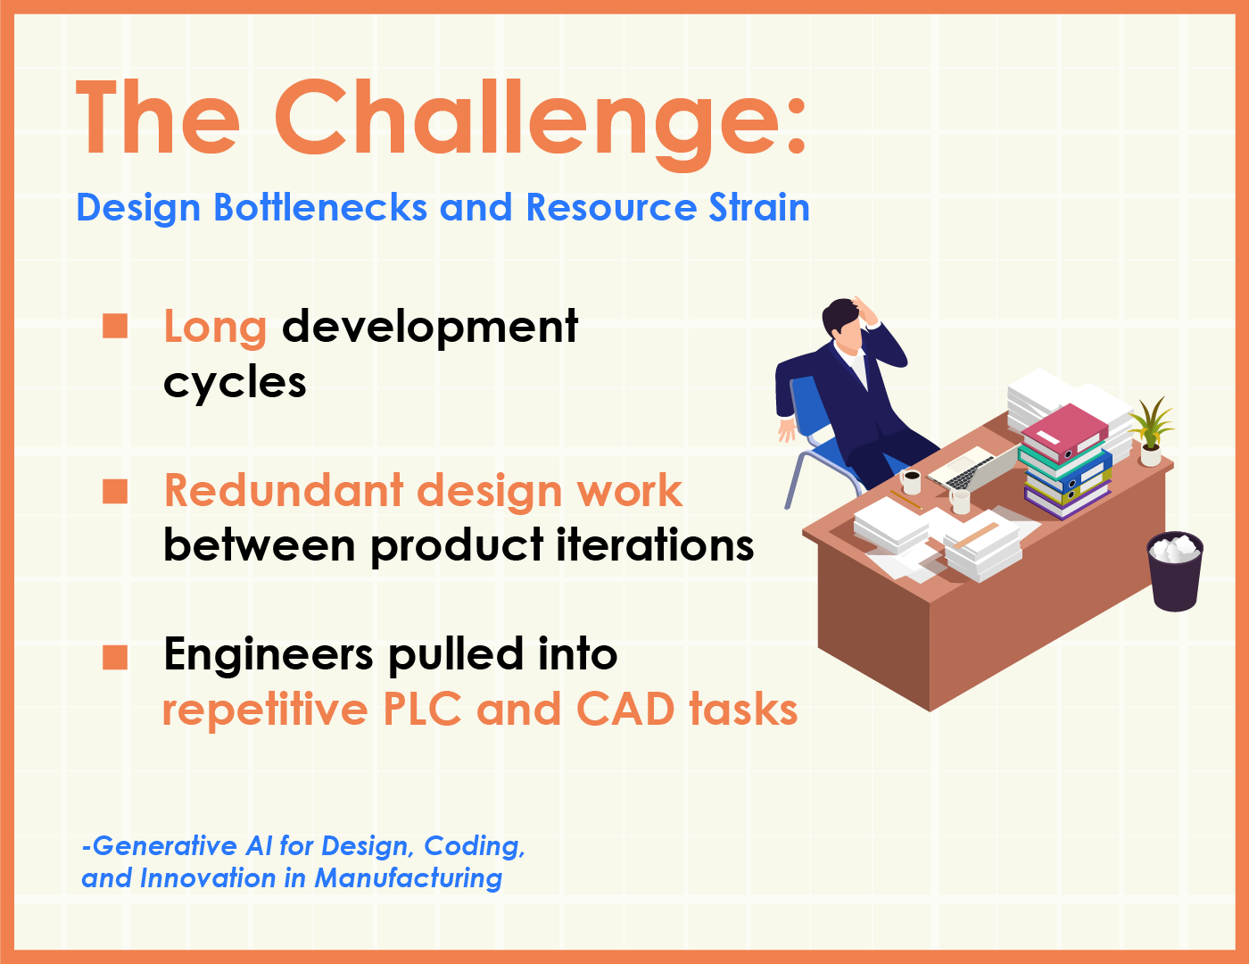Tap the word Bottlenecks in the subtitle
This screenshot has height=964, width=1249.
pyautogui.click(x=320, y=207)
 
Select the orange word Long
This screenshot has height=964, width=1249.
pyautogui.click(x=215, y=328)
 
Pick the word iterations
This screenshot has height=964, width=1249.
pyautogui.click(x=655, y=545)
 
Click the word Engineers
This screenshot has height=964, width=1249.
pyautogui.click(x=269, y=655)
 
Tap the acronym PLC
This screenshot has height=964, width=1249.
pyautogui.click(x=422, y=709)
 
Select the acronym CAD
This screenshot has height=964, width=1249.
pyautogui.click(x=625, y=709)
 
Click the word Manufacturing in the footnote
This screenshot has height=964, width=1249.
pyautogui.click(x=408, y=877)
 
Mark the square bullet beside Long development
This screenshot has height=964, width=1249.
pyautogui.click(x=115, y=326)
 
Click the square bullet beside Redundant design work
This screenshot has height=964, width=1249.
pyautogui.click(x=115, y=492)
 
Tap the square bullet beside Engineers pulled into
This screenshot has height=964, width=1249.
pyautogui.click(x=115, y=657)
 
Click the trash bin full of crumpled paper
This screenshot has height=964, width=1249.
pyautogui.click(x=1175, y=571)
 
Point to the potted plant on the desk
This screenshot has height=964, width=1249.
pyautogui.click(x=1151, y=431)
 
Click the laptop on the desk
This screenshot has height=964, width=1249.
pyautogui.click(x=972, y=468)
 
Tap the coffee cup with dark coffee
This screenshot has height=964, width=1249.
pyautogui.click(x=911, y=480)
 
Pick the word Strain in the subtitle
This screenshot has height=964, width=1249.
pyautogui.click(x=759, y=207)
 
